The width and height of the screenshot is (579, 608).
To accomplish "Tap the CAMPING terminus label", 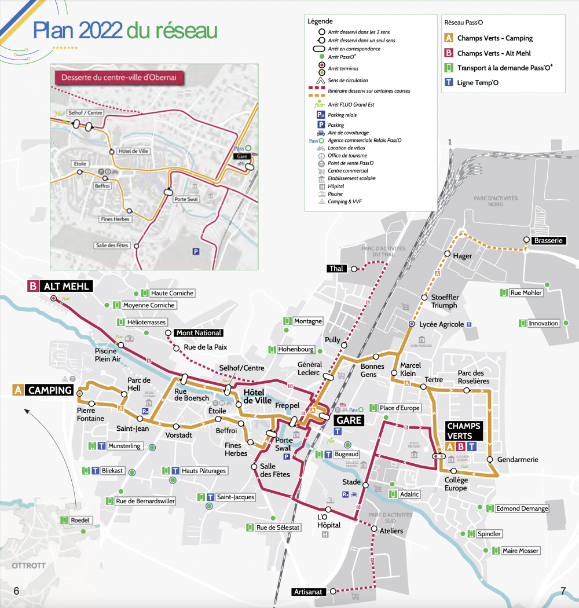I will click(49, 390).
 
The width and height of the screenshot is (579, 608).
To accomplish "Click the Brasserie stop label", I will click(548, 240).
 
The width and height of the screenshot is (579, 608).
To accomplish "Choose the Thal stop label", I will click(336, 269).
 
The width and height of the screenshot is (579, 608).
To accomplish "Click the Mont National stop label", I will click(199, 333).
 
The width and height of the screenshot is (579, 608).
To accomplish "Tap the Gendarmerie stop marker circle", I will click(490, 460).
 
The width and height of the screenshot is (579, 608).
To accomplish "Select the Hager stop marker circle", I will click(447, 254).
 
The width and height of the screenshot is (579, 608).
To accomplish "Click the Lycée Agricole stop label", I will click(442, 324).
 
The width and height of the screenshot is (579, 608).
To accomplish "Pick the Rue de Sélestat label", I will click(278, 528).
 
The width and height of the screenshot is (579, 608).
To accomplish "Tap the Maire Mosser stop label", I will click(520, 551).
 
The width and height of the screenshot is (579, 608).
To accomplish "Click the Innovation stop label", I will click(543, 323).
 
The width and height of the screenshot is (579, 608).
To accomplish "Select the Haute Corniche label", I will click(173, 293).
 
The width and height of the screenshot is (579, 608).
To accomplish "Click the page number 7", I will click(563, 591).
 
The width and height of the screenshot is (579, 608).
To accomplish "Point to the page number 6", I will click(16, 591).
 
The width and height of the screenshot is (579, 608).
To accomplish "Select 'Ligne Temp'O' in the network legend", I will click(478, 83).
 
